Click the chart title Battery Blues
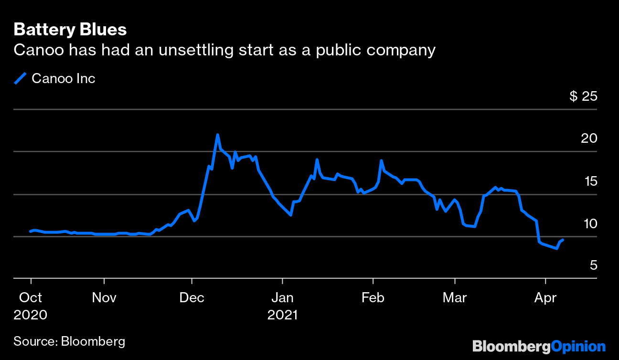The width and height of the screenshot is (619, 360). pos(70,30)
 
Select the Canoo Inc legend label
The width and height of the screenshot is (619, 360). pos(64,78)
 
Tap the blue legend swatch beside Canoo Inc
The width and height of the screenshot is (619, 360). pos(20,78)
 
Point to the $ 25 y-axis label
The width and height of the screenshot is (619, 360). pos(583,96)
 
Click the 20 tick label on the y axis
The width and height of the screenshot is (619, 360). pos(589,138)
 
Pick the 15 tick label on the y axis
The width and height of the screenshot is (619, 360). pos(589,181)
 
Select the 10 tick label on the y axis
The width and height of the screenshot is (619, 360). pos(589,223)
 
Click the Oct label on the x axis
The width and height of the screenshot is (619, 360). pos(31,298)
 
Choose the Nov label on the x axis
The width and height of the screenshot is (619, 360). pos(104,298)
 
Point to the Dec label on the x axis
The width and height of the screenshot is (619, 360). pos(192,298)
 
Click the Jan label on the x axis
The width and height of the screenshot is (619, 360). pos(282,298)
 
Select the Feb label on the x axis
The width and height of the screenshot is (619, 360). pos(373,298)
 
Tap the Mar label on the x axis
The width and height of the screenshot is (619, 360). pos(455,298)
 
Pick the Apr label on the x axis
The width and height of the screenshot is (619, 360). pos(545,298)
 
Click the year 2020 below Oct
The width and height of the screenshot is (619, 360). pos(31,315)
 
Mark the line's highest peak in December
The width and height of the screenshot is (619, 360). pos(218,135)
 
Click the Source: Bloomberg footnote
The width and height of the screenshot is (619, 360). pos(69,341)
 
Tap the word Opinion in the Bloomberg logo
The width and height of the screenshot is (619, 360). pos(578,346)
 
